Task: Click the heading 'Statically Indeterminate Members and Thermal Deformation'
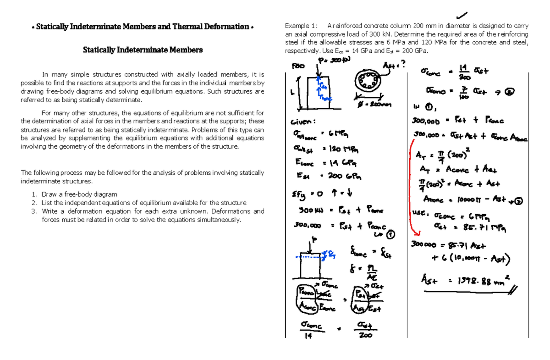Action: [x=143, y=27]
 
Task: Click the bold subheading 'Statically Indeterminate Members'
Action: [x=143, y=50]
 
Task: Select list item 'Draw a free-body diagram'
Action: [x=79, y=194]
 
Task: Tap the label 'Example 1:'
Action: [x=300, y=26]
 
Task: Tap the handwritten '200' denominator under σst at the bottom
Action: [x=365, y=336]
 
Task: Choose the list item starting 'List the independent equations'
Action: [x=143, y=203]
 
